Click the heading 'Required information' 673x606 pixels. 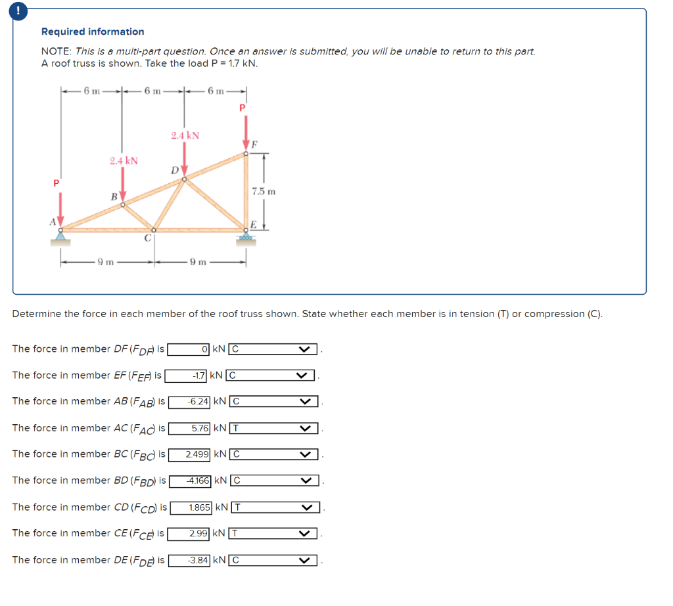[x=93, y=32]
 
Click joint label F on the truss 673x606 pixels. [x=254, y=143]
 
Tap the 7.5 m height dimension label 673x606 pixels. [x=263, y=191]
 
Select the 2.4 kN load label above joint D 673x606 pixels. [x=185, y=136]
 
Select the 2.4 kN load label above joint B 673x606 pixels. [x=124, y=161]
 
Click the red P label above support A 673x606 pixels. [x=57, y=183]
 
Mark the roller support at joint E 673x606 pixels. [x=246, y=240]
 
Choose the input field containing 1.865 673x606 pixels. [x=198, y=508]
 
